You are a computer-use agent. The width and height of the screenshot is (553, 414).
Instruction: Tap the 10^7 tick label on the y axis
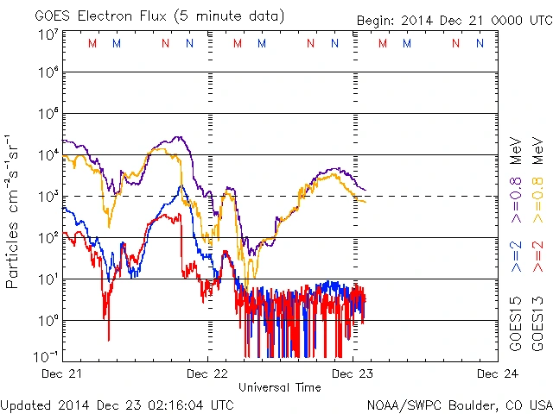(x=47, y=34)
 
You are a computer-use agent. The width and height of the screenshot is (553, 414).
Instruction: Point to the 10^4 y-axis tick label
(x=47, y=155)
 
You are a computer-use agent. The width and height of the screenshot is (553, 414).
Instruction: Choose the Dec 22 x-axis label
(x=208, y=373)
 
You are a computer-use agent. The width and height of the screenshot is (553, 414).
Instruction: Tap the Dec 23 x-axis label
(x=353, y=373)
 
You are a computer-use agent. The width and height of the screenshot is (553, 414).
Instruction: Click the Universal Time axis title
(x=280, y=387)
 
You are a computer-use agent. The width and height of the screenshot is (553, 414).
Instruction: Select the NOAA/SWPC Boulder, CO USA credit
(x=459, y=404)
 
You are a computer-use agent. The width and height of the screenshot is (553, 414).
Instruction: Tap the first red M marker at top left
(x=93, y=43)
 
